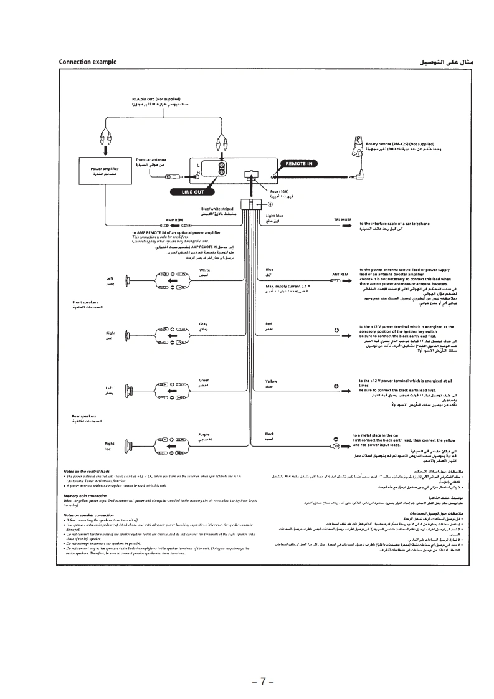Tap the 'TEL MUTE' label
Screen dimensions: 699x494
click(343, 220)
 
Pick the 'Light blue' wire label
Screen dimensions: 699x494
click(275, 216)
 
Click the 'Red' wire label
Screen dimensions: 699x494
click(269, 325)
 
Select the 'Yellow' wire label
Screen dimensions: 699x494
click(272, 381)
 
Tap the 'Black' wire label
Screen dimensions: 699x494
click(270, 434)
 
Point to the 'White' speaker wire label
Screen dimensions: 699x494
click(204, 270)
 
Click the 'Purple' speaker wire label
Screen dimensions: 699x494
click(204, 434)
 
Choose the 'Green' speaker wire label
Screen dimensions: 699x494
click(204, 380)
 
